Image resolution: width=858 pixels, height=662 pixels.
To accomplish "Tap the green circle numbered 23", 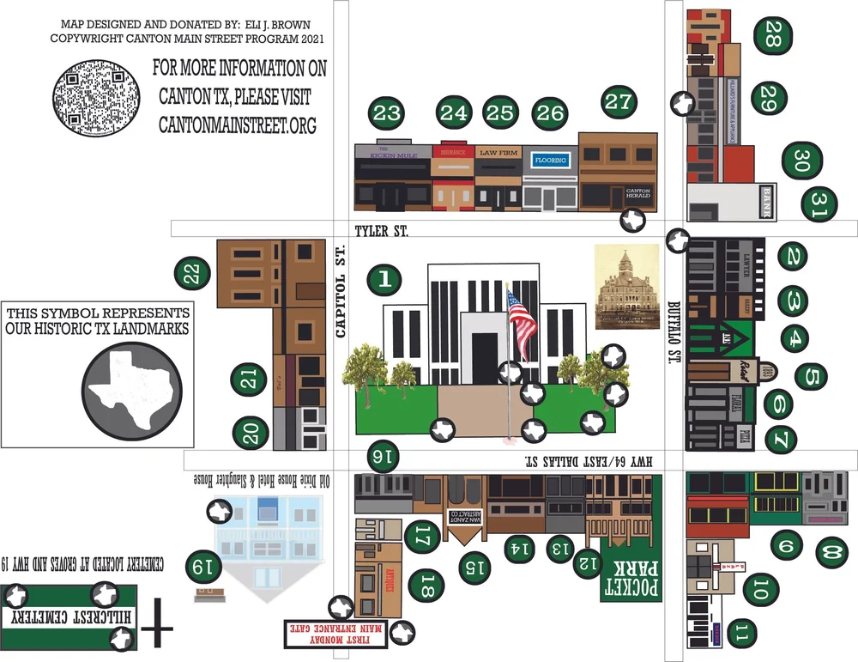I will pyautogui.click(x=387, y=112).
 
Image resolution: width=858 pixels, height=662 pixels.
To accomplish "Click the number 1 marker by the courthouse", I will pyautogui.click(x=384, y=278).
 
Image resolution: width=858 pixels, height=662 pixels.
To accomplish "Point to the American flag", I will pyautogui.click(x=520, y=315).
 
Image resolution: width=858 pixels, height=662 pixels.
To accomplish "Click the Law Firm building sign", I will pyautogui.click(x=498, y=153).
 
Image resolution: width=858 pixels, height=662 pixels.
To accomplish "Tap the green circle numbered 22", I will pyautogui.click(x=191, y=274).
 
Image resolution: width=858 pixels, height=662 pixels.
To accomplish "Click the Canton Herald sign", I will pyautogui.click(x=639, y=193).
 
